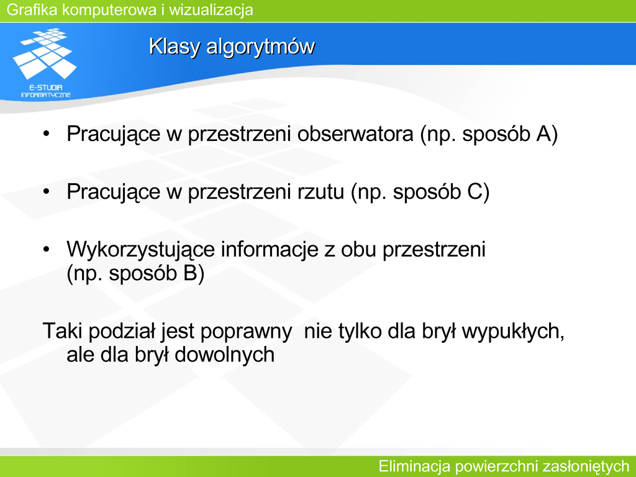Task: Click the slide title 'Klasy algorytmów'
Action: click(232, 47)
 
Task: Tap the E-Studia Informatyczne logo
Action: click(45, 63)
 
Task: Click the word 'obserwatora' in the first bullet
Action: click(355, 134)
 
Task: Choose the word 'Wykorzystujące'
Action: click(140, 250)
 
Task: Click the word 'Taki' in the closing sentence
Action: click(63, 330)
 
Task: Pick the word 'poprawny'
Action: click(246, 332)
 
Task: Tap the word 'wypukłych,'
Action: click(513, 332)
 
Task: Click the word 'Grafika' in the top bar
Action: click(32, 10)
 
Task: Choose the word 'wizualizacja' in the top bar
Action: click(211, 10)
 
